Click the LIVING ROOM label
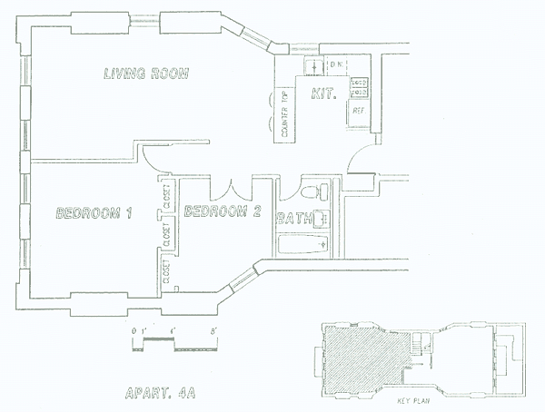tap(146, 74)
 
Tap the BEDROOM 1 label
tap(94, 214)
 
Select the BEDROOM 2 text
tap(223, 212)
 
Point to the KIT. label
tap(323, 93)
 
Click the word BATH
tap(295, 219)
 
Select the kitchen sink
tap(312, 66)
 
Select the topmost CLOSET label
tap(167, 196)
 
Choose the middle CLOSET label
tap(167, 235)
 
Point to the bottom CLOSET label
tap(167, 273)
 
